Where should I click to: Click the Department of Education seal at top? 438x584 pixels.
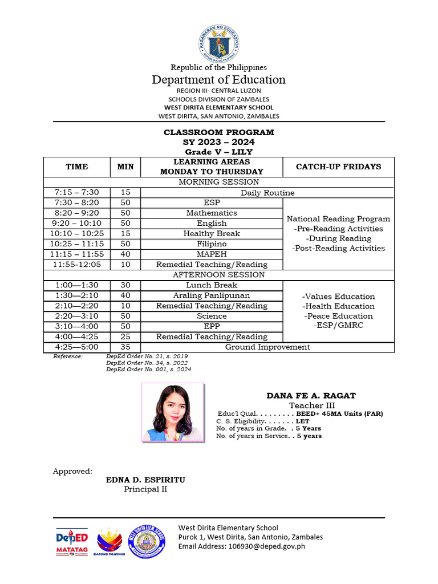point(219,43)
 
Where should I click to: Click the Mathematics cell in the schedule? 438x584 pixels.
point(212,213)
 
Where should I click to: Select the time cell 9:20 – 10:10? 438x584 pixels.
point(76,223)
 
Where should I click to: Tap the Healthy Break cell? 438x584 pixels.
point(212,233)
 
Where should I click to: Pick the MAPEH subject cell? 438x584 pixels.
point(212,254)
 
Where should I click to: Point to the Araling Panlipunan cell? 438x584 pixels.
point(212,295)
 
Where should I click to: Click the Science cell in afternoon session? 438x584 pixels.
point(212,316)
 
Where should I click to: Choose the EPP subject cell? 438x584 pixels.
point(212,326)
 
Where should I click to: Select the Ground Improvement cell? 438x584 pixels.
point(267,347)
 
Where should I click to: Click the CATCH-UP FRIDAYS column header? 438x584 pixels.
point(338,167)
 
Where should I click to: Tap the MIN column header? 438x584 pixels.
point(125,167)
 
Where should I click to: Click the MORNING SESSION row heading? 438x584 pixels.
point(219,182)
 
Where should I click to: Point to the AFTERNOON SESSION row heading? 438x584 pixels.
point(219,274)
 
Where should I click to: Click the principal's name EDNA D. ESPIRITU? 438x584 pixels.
point(145,480)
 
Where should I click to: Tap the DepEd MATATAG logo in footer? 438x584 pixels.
point(72,541)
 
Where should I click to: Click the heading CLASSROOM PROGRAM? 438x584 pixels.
point(219,132)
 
